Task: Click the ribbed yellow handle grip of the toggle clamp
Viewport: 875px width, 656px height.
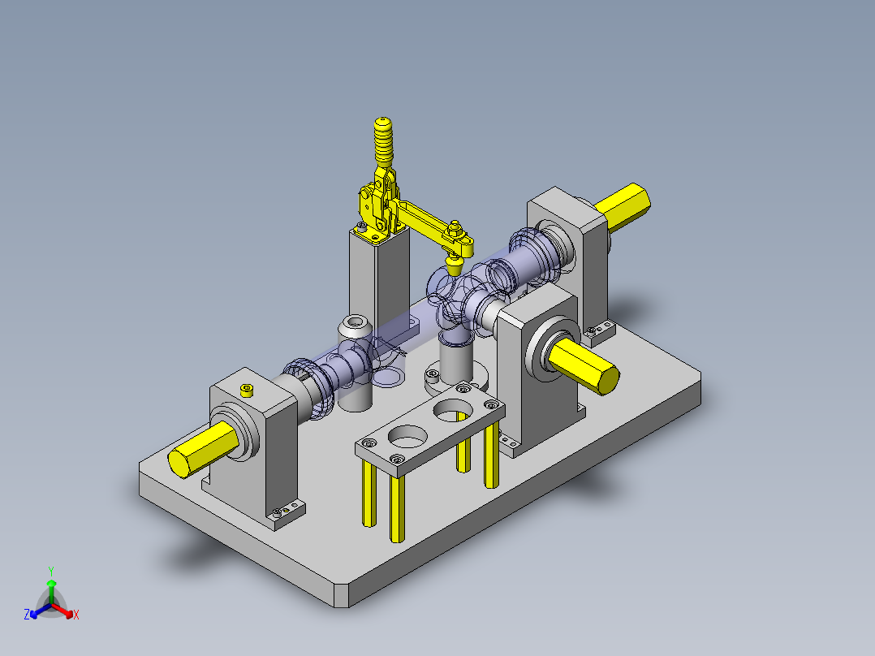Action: tap(383, 140)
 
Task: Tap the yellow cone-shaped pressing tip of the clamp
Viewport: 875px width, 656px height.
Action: tap(455, 267)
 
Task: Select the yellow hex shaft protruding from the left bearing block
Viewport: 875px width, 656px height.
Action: tap(203, 448)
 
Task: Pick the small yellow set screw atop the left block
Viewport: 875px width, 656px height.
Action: tap(247, 390)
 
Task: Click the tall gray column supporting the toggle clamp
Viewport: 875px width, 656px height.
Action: tap(379, 279)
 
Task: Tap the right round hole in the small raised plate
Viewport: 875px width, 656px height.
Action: tap(453, 410)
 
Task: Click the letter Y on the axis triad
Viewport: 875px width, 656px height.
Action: tap(51, 571)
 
